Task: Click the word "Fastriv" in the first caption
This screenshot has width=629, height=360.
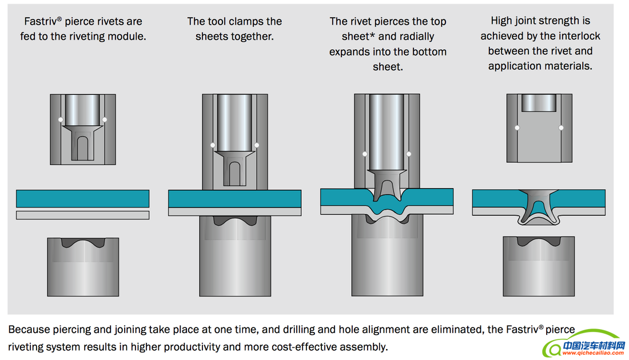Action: click(x=43, y=22)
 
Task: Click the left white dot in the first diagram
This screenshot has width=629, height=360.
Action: click(x=61, y=119)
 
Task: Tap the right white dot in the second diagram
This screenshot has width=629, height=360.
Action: click(x=257, y=145)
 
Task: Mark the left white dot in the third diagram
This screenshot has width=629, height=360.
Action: click(x=365, y=154)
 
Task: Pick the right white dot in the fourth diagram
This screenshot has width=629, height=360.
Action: click(x=561, y=127)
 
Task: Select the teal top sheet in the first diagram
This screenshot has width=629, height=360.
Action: click(x=83, y=198)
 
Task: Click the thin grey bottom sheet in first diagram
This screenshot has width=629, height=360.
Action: click(x=83, y=215)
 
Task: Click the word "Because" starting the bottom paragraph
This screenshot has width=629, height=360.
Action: click(x=27, y=330)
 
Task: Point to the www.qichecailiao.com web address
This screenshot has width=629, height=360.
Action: click(x=593, y=353)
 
